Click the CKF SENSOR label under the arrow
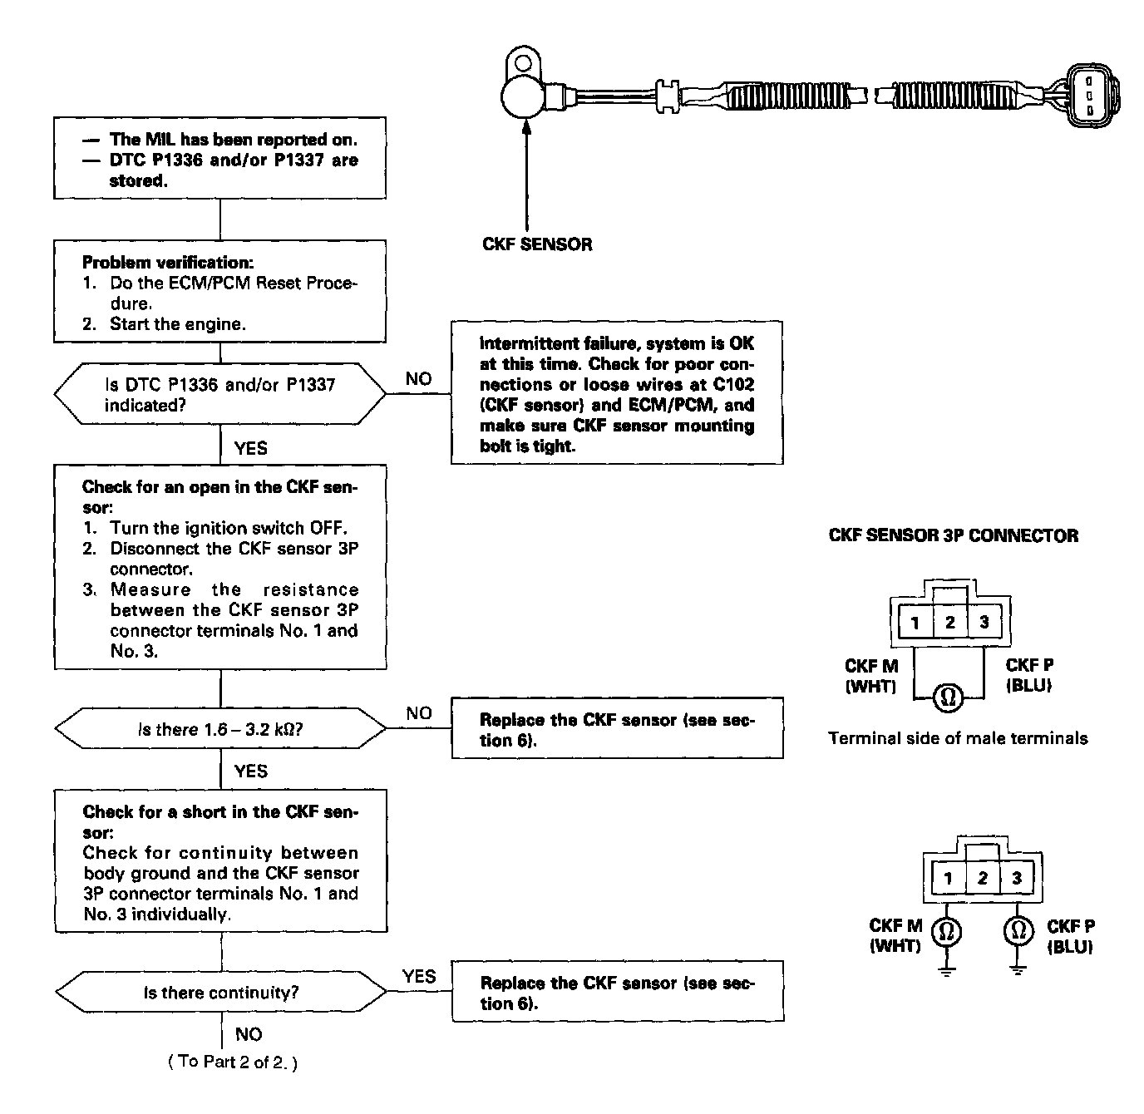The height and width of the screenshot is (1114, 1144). tap(537, 244)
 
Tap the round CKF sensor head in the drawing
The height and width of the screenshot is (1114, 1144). tap(526, 95)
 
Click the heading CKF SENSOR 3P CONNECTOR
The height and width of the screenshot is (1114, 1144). tap(954, 536)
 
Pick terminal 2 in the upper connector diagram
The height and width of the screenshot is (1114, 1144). tap(949, 622)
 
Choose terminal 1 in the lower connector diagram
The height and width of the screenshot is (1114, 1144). tap(948, 879)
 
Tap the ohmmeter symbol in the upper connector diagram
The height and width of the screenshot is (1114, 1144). tap(947, 697)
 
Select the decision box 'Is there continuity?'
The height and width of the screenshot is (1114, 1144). tap(220, 993)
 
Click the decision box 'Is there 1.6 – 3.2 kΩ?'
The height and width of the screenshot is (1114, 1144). tap(220, 730)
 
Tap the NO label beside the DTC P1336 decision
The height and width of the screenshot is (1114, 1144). tap(418, 379)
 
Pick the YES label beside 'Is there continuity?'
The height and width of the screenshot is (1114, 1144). tap(418, 976)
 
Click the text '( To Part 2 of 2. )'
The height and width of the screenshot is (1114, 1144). tap(233, 1062)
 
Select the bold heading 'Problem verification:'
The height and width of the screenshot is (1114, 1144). tap(168, 263)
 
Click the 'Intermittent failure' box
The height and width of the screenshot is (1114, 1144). tap(617, 393)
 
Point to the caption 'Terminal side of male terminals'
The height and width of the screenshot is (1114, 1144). tap(958, 738)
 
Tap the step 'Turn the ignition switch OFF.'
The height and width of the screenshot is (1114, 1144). tap(229, 528)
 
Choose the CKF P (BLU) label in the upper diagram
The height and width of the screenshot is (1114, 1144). tap(1029, 675)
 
